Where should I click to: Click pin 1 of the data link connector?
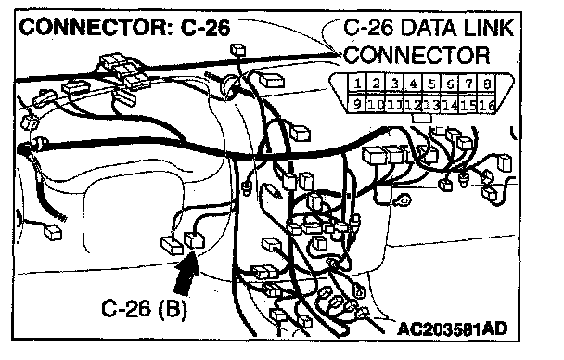[357, 84]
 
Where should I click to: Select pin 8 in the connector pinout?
[487, 84]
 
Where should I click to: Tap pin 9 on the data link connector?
[356, 104]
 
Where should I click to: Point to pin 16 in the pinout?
[487, 105]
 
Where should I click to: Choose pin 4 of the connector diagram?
[413, 84]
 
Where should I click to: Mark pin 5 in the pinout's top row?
[431, 84]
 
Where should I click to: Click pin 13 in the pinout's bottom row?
[431, 105]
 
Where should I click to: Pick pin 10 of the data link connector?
[376, 104]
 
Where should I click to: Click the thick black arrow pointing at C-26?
[187, 273]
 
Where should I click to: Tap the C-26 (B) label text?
[144, 309]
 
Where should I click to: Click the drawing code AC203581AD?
[452, 328]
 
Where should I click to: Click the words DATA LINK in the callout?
[456, 28]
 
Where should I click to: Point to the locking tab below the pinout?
[421, 118]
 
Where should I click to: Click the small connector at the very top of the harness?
[237, 49]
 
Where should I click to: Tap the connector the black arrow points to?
[194, 240]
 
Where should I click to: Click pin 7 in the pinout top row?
[468, 84]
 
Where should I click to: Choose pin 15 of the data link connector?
[468, 105]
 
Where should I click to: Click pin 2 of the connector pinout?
[376, 84]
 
